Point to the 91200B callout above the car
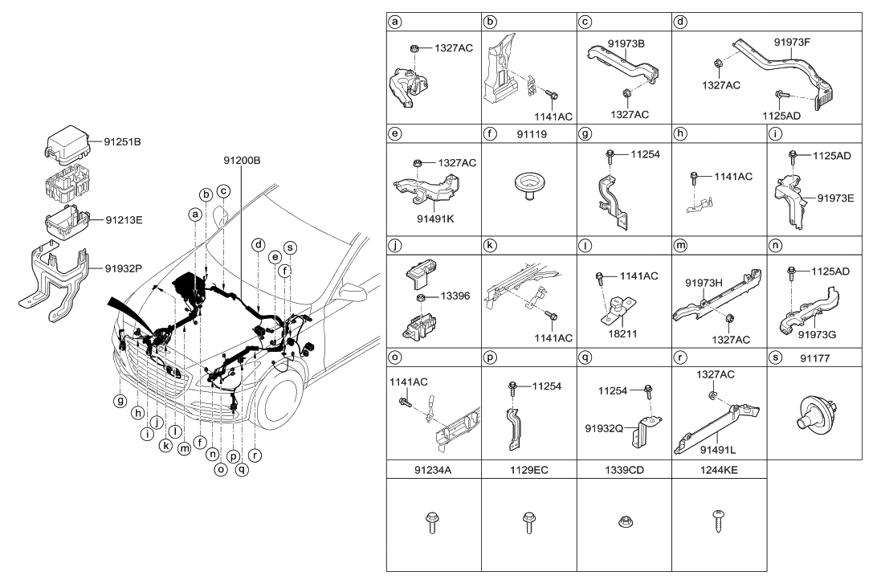pyautogui.click(x=242, y=160)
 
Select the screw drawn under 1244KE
pyautogui.click(x=719, y=524)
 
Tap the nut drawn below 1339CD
pyautogui.click(x=624, y=521)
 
